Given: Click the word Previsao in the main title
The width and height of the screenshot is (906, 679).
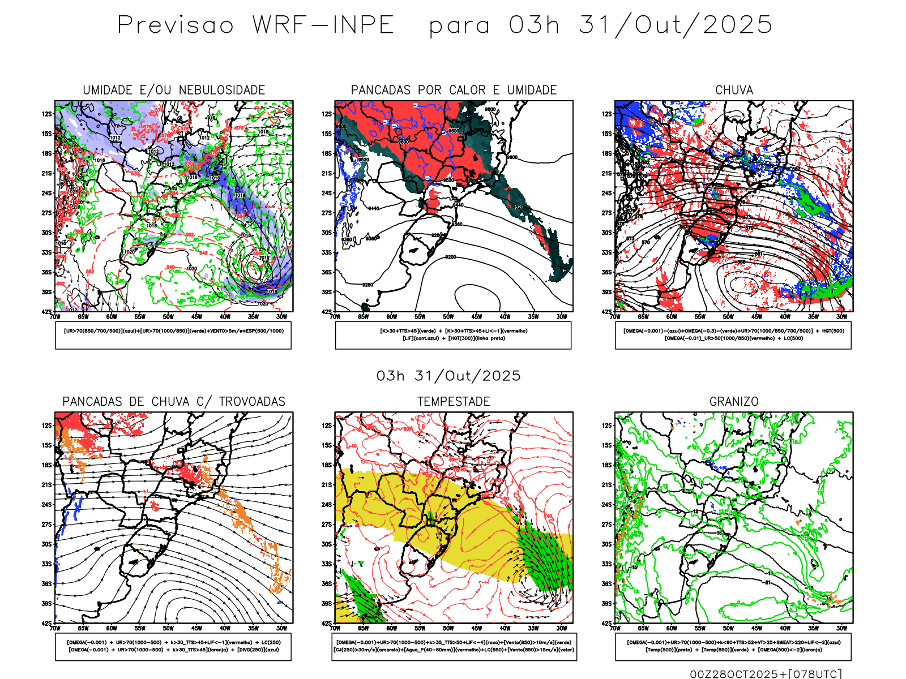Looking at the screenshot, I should point(176,25).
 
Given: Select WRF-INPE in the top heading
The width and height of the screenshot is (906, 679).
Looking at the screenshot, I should point(323,25).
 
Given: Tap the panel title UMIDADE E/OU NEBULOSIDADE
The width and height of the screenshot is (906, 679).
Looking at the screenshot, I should point(174,90).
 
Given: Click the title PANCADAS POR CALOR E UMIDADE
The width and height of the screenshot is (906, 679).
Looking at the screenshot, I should point(454,90).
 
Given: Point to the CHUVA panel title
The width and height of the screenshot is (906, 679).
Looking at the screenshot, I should point(734,90).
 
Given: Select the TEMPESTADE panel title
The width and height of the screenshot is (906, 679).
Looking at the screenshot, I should point(454,402).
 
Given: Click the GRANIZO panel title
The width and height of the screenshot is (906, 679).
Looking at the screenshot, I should point(734,402).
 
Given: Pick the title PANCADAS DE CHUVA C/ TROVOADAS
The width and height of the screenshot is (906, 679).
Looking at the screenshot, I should point(174,402).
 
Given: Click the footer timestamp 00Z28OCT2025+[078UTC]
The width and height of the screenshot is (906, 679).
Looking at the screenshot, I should point(766,674).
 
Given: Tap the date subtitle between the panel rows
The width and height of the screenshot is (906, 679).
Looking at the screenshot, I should point(448,376).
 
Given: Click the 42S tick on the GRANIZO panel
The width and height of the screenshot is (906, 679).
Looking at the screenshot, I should point(607,623).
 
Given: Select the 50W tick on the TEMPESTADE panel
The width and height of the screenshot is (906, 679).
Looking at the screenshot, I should point(448,628).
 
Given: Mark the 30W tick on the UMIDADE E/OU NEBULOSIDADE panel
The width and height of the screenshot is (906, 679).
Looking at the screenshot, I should point(281,317).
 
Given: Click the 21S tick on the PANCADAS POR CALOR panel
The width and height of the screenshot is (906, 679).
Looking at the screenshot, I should point(327,173).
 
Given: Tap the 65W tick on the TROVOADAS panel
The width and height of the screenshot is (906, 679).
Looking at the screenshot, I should point(83,628).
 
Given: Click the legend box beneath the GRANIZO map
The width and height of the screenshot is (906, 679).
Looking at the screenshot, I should point(733,646).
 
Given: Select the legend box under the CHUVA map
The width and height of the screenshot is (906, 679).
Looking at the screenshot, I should point(733,335).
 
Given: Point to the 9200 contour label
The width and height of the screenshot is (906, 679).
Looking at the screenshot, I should point(450,257).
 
